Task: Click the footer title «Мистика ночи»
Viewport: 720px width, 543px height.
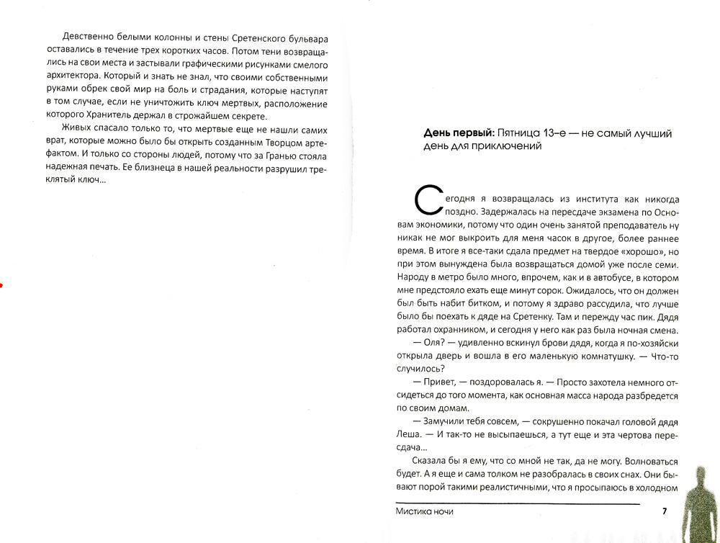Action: pos(425,511)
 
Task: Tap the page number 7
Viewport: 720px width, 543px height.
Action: pos(665,511)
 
